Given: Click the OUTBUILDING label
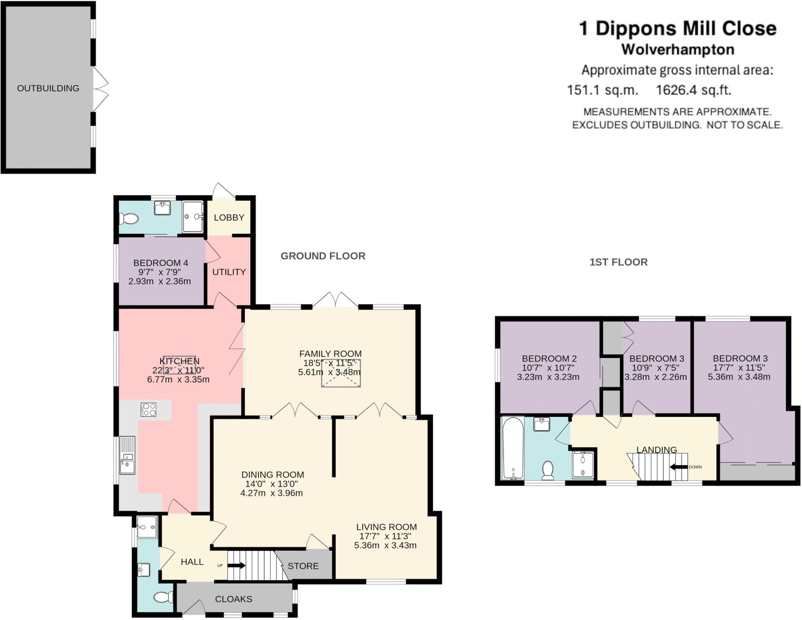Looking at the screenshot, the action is (x=48, y=88).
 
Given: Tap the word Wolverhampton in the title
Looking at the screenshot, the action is (x=678, y=50).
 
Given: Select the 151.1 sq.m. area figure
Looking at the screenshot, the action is (x=603, y=90).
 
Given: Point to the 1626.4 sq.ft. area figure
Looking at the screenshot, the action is (x=694, y=90).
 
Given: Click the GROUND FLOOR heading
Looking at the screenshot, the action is (x=323, y=256).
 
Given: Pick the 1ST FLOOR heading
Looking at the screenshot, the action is (x=619, y=262).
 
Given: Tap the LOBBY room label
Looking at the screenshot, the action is (x=229, y=218).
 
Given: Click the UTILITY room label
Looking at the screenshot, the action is (x=229, y=272).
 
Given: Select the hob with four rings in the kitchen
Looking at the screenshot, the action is (x=148, y=409).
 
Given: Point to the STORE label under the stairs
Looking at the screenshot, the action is (x=303, y=566).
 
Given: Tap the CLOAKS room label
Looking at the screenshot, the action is (x=234, y=599).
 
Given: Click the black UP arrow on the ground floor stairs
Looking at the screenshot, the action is (x=237, y=566).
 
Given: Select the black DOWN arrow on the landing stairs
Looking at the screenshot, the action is (x=679, y=467).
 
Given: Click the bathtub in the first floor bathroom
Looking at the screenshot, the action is (x=513, y=448).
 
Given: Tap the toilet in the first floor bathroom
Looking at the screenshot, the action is (x=548, y=470).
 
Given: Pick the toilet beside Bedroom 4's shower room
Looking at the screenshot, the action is (x=129, y=218).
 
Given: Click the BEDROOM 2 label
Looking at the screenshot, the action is (x=549, y=359).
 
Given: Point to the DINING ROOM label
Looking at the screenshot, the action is (x=273, y=475).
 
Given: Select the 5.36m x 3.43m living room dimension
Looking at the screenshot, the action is (x=386, y=545).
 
